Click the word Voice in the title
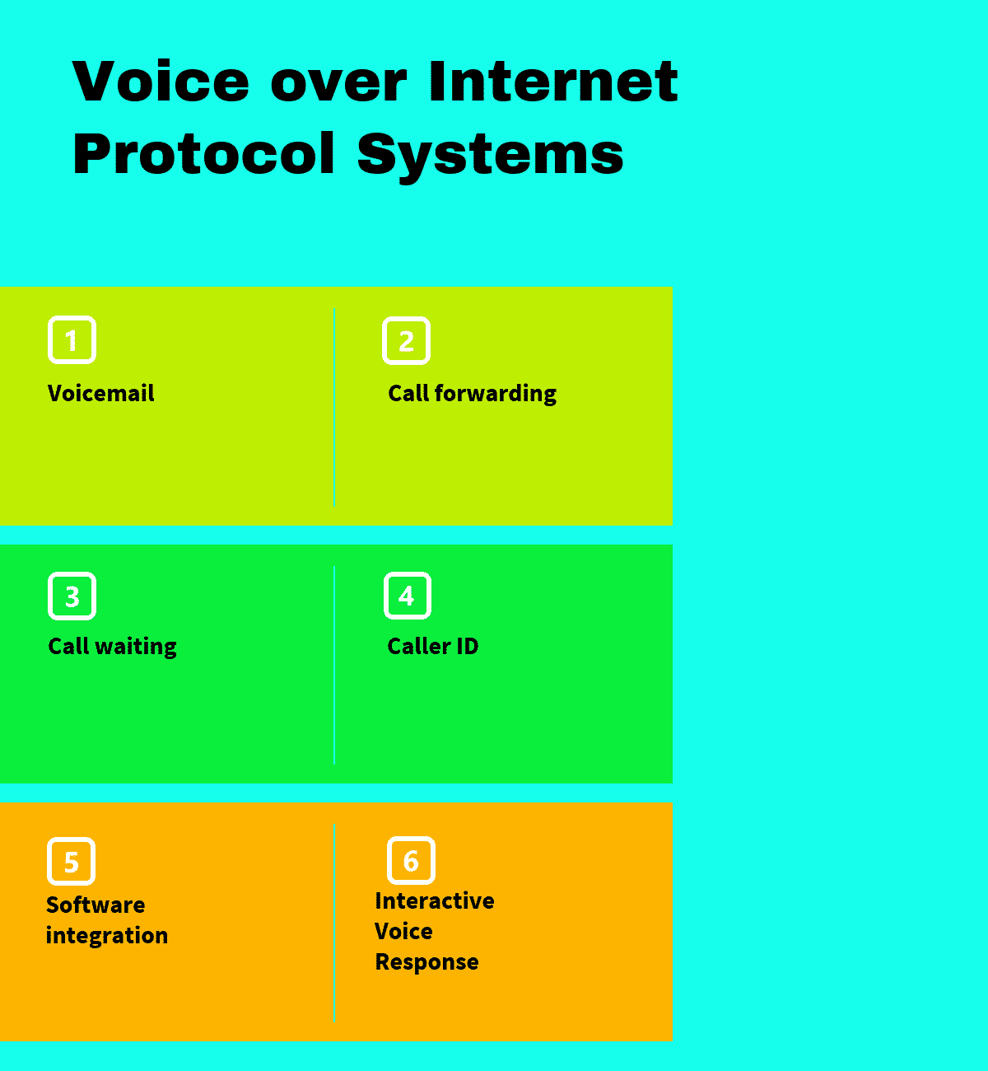[161, 82]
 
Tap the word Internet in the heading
[553, 82]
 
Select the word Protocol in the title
[204, 154]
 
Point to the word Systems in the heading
[491, 154]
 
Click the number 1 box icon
[72, 339]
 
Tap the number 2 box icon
[406, 340]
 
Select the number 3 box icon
[72, 596]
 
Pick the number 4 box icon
[407, 596]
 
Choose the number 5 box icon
[72, 862]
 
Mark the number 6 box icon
[411, 861]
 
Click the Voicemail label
[100, 393]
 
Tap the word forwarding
[495, 394]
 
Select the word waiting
[136, 647]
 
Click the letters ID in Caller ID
[467, 646]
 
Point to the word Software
[96, 905]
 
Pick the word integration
[107, 936]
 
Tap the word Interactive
[434, 900]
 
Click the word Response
[426, 962]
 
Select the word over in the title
[338, 82]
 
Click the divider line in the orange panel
[334, 923]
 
